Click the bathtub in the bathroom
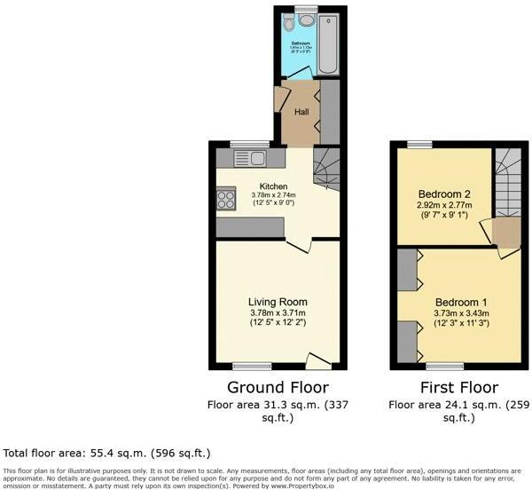[x=329, y=43]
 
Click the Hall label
[x=301, y=113]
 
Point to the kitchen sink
[x=253, y=158]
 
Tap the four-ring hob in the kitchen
[x=225, y=200]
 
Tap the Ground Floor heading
[x=278, y=387]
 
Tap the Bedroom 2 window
[x=420, y=144]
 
